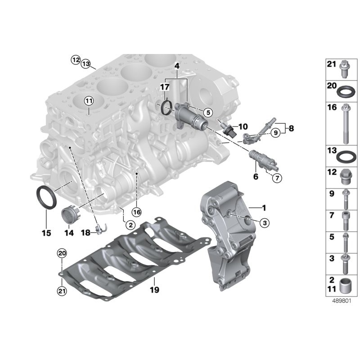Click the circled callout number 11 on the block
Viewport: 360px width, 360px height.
(x=89, y=100)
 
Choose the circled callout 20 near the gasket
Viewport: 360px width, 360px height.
(x=62, y=253)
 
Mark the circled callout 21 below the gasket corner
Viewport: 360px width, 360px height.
(x=62, y=291)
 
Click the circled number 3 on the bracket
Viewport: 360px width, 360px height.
(x=264, y=222)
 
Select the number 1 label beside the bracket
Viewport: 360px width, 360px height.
(x=264, y=208)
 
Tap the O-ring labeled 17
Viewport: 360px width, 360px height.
(x=167, y=107)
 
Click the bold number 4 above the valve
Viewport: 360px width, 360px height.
(x=177, y=66)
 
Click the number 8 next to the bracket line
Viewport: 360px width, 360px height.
(x=291, y=129)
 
